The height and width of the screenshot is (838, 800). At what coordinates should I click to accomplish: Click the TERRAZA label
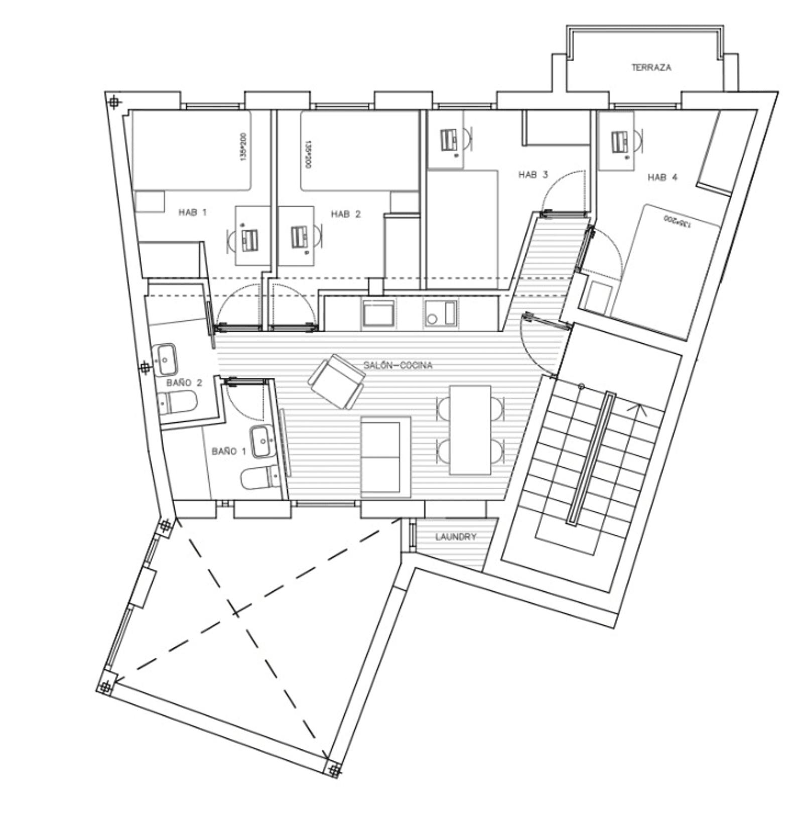coord(651,67)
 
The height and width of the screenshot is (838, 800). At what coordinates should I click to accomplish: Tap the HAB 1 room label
coord(192,212)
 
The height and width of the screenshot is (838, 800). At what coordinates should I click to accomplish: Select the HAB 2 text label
coord(345,214)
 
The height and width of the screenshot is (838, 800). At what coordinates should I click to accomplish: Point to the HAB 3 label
coord(532,175)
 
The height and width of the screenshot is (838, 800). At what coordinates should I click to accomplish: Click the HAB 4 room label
coord(662,177)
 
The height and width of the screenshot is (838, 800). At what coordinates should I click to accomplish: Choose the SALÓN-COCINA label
coord(397,365)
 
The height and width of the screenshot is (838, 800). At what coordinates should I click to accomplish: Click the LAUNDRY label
coord(455,537)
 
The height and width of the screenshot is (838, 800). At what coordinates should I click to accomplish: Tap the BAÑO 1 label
coord(229,451)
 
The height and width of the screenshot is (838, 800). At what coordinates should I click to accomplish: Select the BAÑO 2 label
coord(184,382)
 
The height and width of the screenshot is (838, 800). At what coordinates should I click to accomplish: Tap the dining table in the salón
coord(470,430)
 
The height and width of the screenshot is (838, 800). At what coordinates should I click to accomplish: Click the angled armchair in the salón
coord(335,382)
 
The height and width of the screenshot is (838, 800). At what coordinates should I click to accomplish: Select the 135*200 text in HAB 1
coord(243,147)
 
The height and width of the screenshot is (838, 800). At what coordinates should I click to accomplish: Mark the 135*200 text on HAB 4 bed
coord(677,221)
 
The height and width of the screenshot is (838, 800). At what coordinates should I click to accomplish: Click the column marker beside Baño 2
coord(145,367)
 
